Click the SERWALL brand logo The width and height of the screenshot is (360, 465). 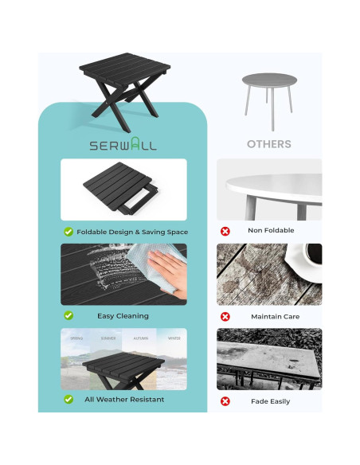(123, 145)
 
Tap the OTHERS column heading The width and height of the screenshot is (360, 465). (269, 144)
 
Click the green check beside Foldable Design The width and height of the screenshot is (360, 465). (68, 232)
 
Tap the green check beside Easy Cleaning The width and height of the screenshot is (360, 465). (68, 316)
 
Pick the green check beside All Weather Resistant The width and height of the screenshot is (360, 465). (68, 399)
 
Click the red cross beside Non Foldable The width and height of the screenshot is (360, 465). (225, 231)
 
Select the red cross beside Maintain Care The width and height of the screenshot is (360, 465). (225, 316)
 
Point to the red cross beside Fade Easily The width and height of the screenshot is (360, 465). (225, 401)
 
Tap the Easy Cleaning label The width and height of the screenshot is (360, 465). (123, 316)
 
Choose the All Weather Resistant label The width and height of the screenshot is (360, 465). (124, 399)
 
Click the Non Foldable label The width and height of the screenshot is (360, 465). (271, 231)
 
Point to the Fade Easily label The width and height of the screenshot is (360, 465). (271, 401)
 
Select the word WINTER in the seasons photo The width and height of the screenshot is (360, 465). (173, 338)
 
